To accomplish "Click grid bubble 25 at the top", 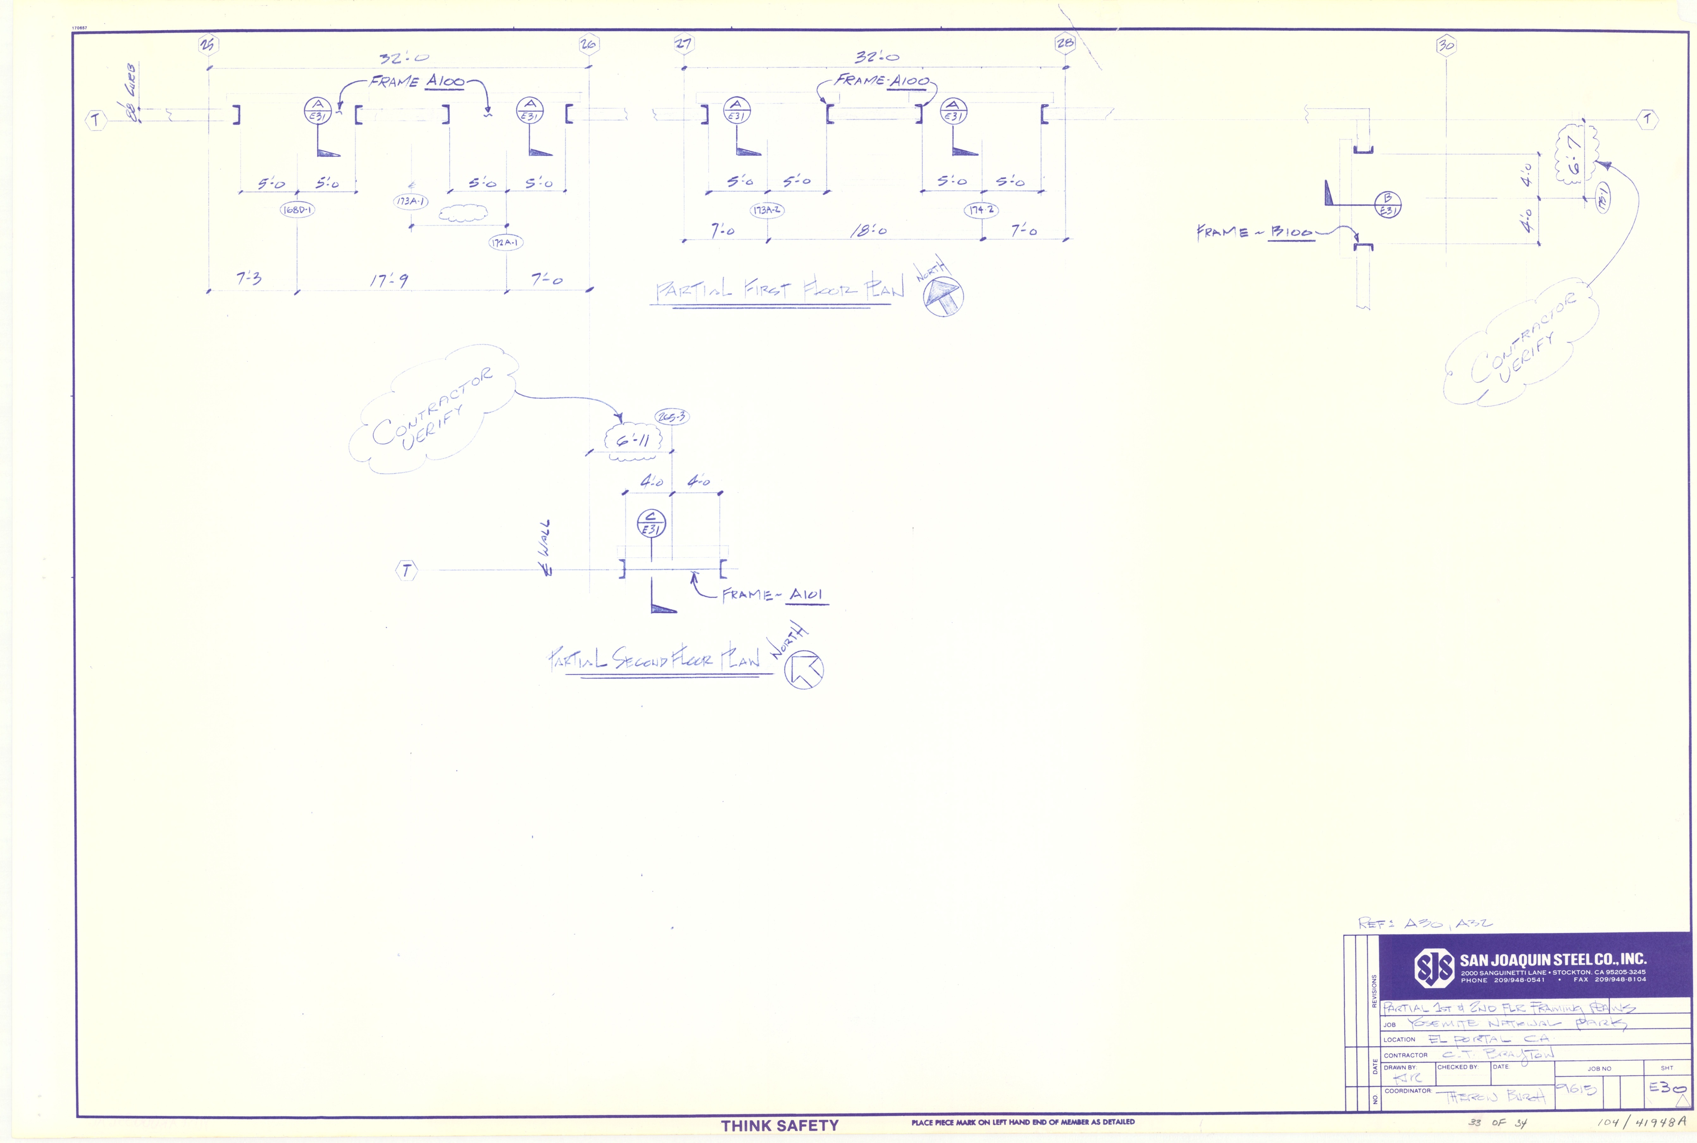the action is pos(208,45).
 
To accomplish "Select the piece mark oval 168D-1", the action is pos(297,210).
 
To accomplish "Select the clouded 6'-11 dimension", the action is pos(632,440).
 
